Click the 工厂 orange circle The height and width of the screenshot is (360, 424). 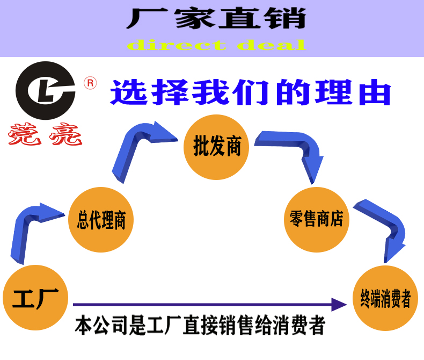point(35,297)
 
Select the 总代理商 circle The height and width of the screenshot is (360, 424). point(101,219)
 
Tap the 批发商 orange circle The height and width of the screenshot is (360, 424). point(216,146)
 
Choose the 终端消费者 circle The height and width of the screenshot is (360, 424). point(385,299)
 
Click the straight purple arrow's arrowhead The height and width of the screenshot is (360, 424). point(338,305)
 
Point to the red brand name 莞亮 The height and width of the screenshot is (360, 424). point(45,134)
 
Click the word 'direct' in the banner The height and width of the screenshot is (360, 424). point(177,45)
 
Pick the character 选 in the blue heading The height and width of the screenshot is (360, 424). point(129,92)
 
